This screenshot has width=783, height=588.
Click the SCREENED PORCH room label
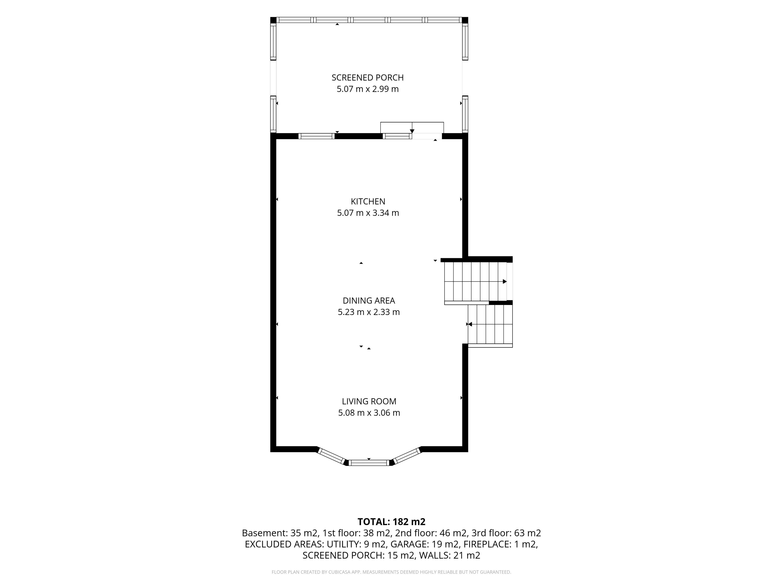(367, 78)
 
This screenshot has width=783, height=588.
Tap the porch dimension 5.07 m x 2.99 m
(367, 89)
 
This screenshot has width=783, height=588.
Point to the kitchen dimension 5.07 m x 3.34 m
(368, 213)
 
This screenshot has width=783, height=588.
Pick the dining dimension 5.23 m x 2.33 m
(368, 312)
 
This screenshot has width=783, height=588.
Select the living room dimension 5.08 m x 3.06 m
(369, 413)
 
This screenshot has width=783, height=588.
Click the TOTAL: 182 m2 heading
(391, 522)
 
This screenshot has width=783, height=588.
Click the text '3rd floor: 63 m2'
(506, 533)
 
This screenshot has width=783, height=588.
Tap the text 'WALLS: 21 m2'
(450, 555)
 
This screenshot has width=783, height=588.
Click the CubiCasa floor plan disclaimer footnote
(391, 572)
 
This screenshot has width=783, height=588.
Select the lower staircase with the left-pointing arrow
(490, 324)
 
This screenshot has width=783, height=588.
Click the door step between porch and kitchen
(412, 128)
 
